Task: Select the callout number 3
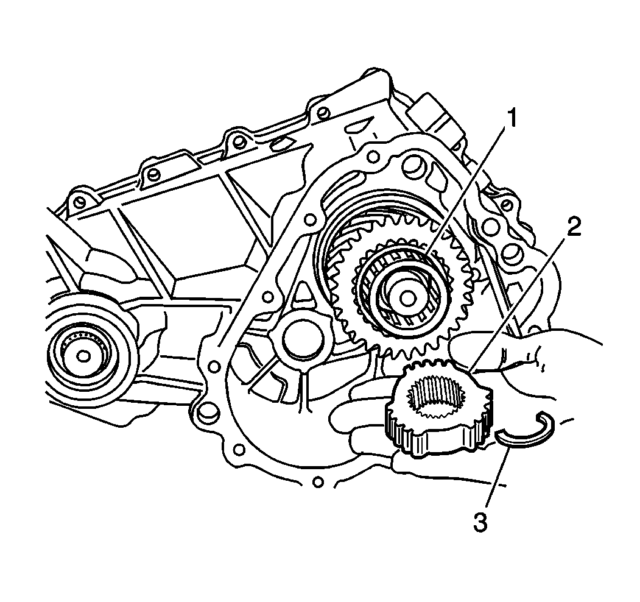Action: pos(480,522)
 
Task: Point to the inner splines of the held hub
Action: pos(437,396)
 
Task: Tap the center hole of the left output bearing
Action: pos(83,356)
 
